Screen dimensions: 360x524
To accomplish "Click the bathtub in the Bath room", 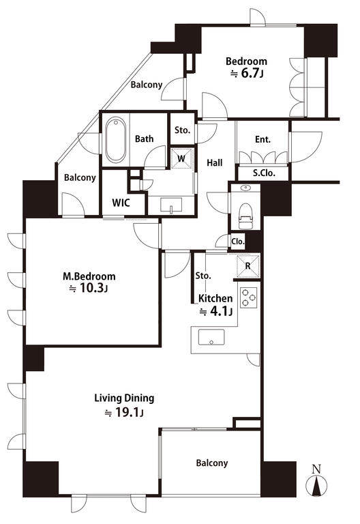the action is coord(115,140).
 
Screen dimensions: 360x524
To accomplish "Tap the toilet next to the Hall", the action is coord(245,215).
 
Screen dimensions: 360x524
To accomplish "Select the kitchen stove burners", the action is coord(249,297).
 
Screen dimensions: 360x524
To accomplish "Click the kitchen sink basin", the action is coord(211,337).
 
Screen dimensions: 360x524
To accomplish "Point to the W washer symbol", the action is coord(182,158).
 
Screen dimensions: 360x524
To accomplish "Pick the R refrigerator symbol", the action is coord(247,266).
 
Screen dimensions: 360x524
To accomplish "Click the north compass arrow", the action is coord(316,486).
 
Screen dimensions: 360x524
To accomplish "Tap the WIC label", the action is coord(121,203).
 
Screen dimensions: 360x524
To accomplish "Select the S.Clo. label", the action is coord(264,173).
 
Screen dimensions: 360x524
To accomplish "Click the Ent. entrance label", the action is coord(262,139).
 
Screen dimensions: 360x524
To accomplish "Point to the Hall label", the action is coord(214,163).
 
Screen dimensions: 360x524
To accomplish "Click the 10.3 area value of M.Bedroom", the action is coord(91,288).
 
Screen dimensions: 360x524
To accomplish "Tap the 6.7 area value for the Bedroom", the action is coord(250,73).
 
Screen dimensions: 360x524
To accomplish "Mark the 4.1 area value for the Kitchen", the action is coord(218,311).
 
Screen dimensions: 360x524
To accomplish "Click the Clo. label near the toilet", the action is coord(238,242).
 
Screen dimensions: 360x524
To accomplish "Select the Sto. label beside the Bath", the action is coord(182,130).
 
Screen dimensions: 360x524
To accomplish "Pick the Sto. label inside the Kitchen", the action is coord(203,276).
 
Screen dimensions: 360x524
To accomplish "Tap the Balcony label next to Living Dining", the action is coord(212,463).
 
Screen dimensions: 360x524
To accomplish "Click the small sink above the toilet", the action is coord(245,188).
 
